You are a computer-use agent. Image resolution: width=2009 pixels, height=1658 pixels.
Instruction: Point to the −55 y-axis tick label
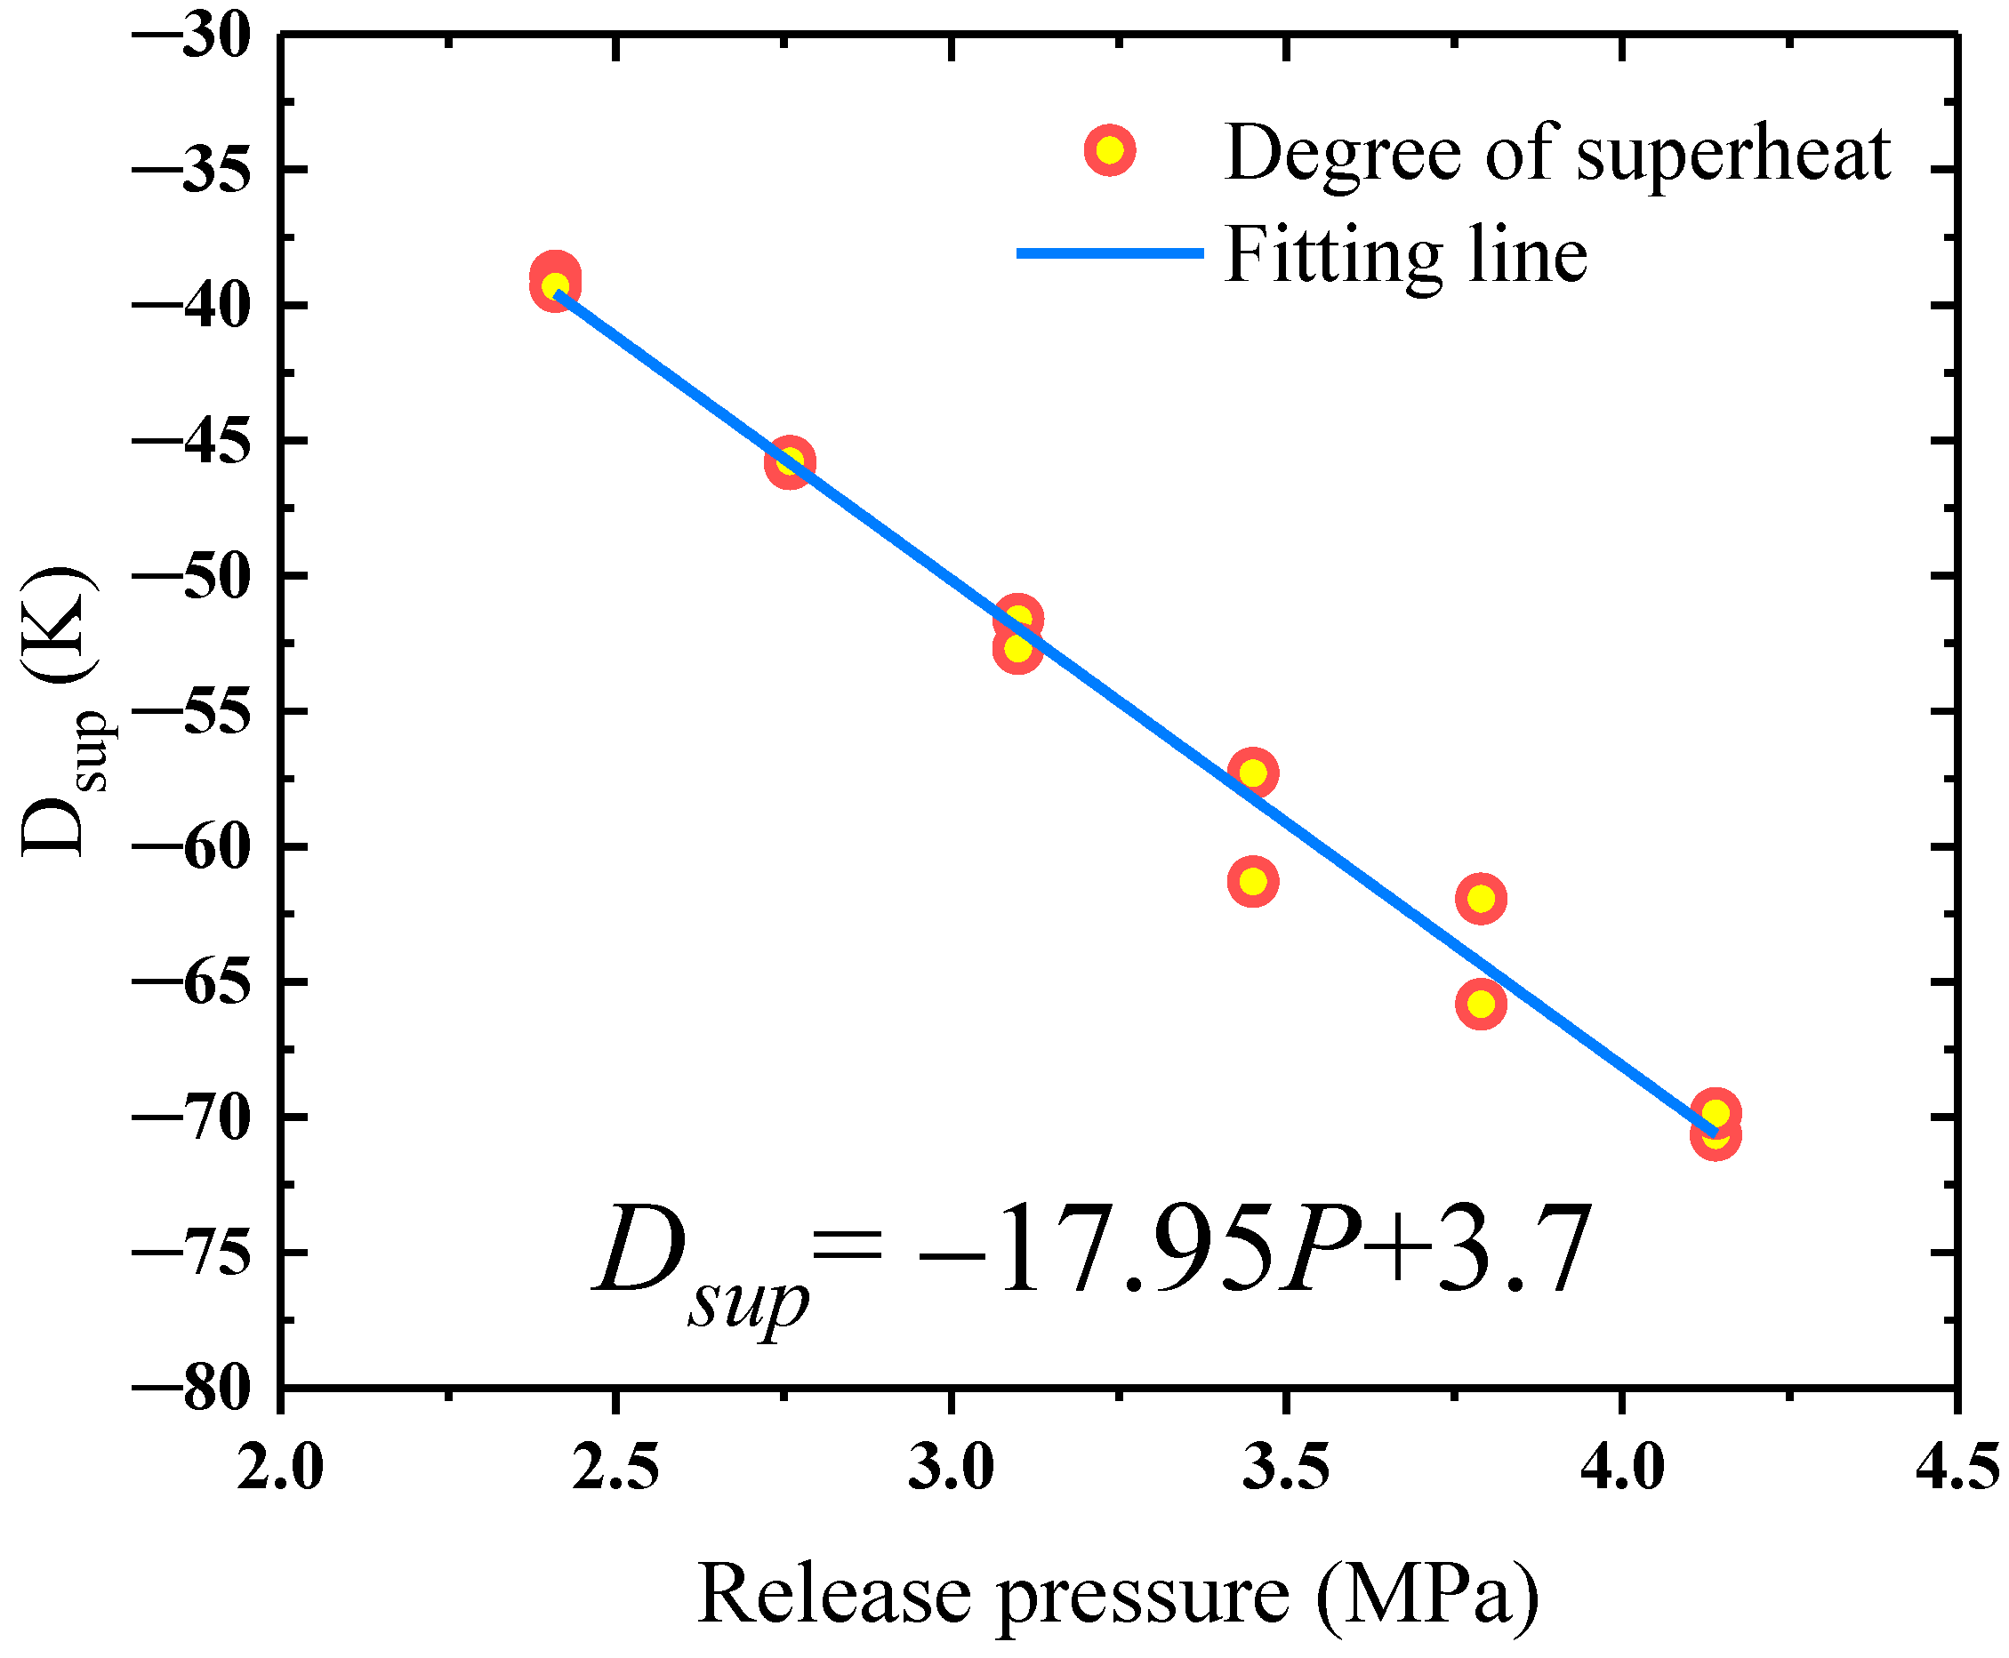click(x=191, y=714)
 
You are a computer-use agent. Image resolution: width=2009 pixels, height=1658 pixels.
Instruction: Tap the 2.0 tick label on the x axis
click(x=280, y=1469)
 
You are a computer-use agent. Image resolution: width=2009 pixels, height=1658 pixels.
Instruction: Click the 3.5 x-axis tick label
click(x=1285, y=1469)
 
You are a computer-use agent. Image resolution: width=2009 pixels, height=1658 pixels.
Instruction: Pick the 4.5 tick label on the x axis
click(x=1957, y=1469)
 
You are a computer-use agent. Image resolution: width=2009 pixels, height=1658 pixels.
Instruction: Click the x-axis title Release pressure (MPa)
click(x=1118, y=1594)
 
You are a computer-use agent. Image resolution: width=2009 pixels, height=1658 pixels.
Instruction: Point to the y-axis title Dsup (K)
click(x=60, y=711)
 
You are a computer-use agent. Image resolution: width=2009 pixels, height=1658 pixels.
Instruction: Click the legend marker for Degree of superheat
click(x=1109, y=151)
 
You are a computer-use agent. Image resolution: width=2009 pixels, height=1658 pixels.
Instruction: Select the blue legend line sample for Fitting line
click(x=1109, y=253)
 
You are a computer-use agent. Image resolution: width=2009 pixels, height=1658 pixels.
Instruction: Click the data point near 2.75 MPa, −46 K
click(x=789, y=463)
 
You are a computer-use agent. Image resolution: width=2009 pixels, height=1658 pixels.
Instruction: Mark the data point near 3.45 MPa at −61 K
click(x=1252, y=881)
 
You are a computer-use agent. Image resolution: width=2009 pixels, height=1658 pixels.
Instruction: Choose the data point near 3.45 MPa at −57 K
click(x=1252, y=772)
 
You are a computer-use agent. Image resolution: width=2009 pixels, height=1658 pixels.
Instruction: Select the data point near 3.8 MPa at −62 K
click(x=1481, y=899)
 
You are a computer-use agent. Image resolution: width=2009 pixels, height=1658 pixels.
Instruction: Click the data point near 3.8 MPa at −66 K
click(x=1481, y=1004)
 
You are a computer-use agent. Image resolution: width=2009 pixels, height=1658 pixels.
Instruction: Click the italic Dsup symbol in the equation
click(x=697, y=1261)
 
